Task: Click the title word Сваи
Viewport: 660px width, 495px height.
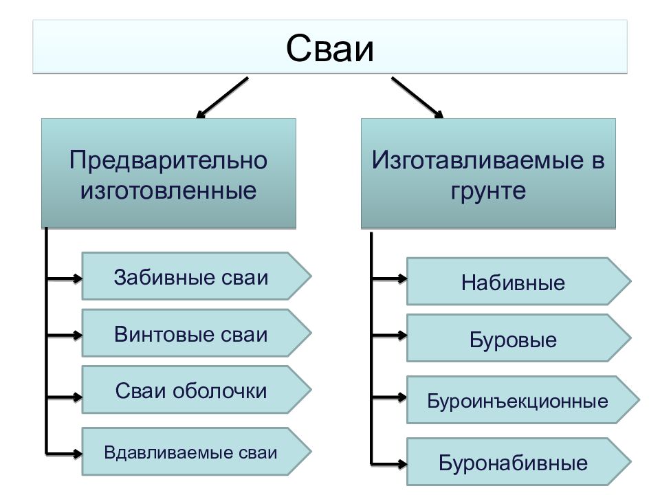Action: [329, 48]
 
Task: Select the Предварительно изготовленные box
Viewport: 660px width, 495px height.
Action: [168, 173]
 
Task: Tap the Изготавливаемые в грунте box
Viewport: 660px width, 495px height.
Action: [488, 173]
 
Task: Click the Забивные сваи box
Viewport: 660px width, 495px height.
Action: [196, 276]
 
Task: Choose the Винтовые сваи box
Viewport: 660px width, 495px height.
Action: [196, 333]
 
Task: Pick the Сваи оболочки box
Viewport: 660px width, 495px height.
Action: [196, 389]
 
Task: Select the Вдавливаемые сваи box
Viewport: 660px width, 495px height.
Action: [196, 451]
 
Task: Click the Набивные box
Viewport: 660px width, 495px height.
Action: [518, 281]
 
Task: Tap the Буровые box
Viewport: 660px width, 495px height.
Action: [518, 338]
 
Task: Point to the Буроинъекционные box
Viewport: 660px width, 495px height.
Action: [522, 399]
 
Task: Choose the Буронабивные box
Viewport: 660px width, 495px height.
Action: [518, 461]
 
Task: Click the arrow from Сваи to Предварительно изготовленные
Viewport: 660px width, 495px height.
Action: [222, 98]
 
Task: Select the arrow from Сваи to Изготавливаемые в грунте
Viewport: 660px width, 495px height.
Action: [417, 98]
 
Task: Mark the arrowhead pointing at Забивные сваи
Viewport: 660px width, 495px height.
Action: [78, 278]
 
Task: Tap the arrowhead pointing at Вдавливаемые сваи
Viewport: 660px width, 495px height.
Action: [78, 454]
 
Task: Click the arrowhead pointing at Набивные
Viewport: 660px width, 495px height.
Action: [403, 278]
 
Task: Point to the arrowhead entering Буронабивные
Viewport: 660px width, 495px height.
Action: [403, 464]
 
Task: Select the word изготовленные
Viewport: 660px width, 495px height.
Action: [168, 190]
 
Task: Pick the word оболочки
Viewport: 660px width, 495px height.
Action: [220, 390]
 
